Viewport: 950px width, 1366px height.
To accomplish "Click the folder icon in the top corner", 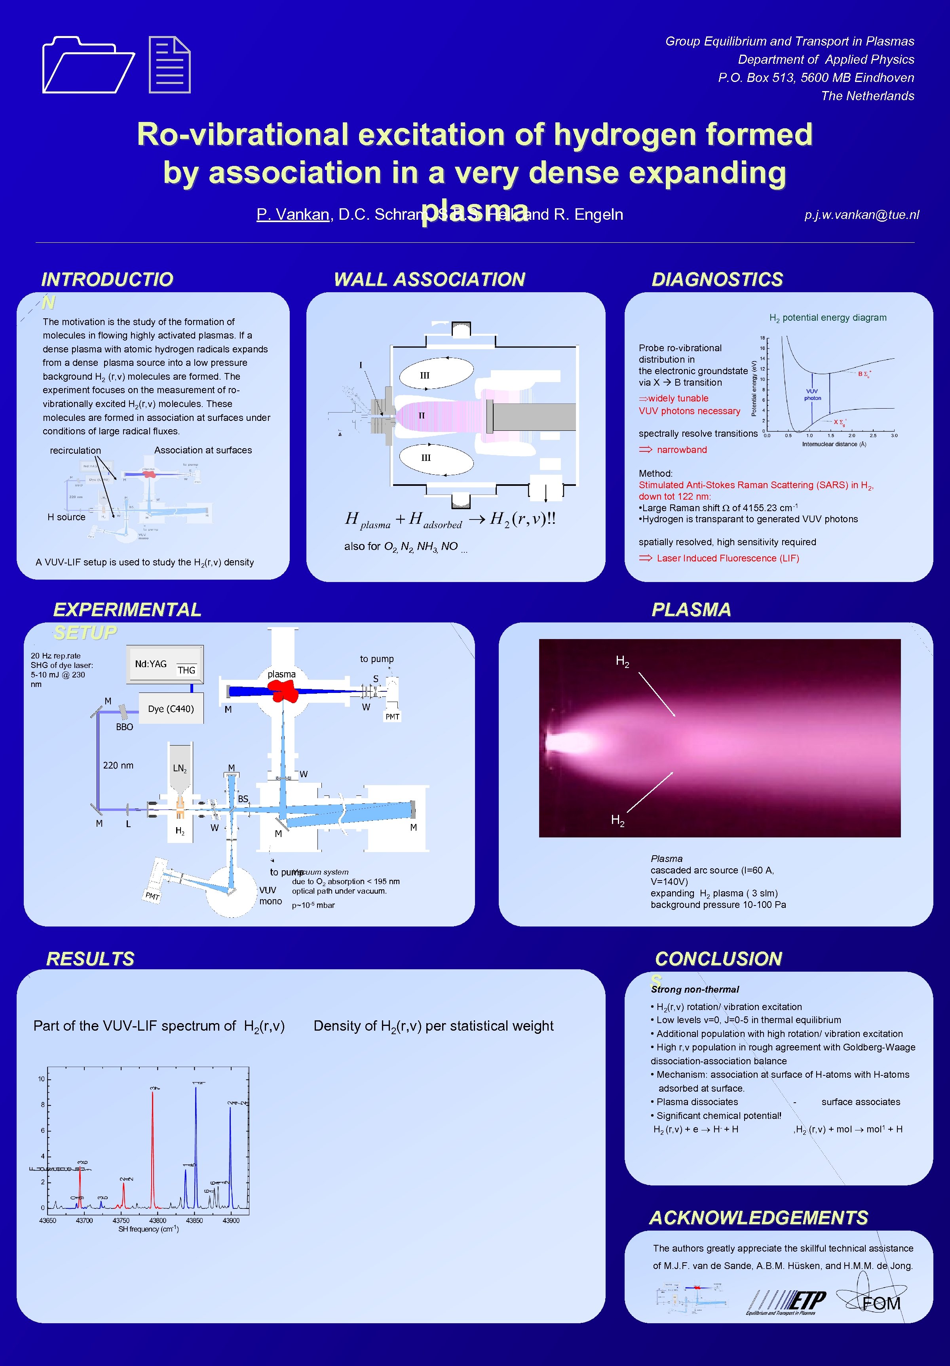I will pyautogui.click(x=88, y=65).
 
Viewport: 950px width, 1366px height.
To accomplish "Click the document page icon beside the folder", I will pyautogui.click(x=169, y=65).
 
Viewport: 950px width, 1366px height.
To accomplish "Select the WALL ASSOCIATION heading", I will pyautogui.click(x=429, y=279).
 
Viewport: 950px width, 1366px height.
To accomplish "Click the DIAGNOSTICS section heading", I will pyautogui.click(x=717, y=279).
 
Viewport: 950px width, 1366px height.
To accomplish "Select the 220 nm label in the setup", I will pyautogui.click(x=118, y=765).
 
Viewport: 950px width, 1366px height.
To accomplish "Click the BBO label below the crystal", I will pyautogui.click(x=124, y=727).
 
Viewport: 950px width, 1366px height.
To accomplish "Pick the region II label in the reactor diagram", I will pyautogui.click(x=421, y=415).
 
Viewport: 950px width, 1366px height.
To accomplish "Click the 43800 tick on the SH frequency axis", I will pyautogui.click(x=158, y=1220).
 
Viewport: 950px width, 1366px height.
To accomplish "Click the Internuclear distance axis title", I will pyautogui.click(x=833, y=444).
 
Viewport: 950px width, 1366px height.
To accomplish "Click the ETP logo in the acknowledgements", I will pyautogui.click(x=787, y=1302).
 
